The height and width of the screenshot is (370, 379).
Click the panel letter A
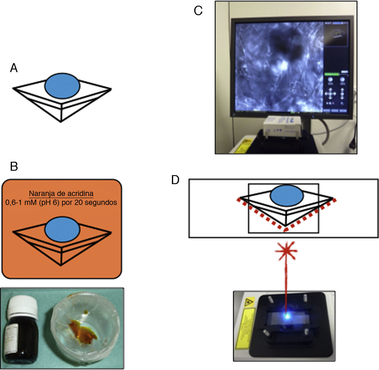point(14,68)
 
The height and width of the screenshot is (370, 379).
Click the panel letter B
point(14,166)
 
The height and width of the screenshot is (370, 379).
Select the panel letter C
point(198,11)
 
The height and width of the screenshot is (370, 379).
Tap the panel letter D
point(175,180)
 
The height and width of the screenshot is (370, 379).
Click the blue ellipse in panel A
point(62,86)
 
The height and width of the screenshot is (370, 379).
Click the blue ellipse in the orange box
point(62,229)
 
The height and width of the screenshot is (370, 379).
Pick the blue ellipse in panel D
point(287,196)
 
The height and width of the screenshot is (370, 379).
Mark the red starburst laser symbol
point(286,251)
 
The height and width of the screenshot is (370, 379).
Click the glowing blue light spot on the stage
point(287,316)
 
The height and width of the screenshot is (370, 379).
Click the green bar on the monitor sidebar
point(332,74)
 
